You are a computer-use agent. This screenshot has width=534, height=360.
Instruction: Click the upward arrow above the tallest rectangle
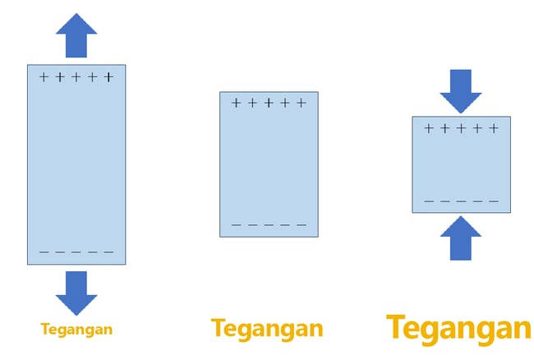pos(76,35)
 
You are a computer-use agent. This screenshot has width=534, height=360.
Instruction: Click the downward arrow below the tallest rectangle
pos(76,293)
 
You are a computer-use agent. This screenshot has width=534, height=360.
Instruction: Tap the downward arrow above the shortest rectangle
pos(461,91)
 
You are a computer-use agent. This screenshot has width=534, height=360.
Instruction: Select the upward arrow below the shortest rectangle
pos(461,238)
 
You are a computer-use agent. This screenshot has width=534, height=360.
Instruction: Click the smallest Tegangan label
pos(76,330)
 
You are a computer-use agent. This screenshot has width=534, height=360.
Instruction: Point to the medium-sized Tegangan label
pos(267,329)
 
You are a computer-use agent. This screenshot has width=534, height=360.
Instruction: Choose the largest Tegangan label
pos(459,328)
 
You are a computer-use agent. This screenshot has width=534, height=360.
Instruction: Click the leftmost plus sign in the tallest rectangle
pos(44,77)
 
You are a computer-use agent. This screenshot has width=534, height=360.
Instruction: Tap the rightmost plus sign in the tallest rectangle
pos(108,77)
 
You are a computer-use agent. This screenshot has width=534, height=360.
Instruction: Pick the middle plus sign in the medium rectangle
pos(269,103)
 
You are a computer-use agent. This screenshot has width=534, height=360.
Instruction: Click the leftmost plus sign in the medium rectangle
pos(236,103)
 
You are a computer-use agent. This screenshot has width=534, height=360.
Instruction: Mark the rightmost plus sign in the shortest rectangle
pos(494,128)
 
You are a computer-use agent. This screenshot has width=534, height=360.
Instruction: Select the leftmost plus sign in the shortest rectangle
pos(429,128)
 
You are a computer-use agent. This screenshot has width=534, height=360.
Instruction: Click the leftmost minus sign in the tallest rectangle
pos(44,252)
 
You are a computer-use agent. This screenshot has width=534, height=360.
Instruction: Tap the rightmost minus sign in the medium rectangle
pos(302,225)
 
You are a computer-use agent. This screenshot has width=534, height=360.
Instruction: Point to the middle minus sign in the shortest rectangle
pos(461,201)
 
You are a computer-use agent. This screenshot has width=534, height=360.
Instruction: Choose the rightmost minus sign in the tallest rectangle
pos(108,252)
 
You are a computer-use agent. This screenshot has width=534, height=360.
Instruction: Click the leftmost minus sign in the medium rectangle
pos(236,225)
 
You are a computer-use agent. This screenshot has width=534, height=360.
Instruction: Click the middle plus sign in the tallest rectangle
pos(76,77)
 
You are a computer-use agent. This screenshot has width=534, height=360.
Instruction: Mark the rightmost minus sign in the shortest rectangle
pos(494,201)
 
